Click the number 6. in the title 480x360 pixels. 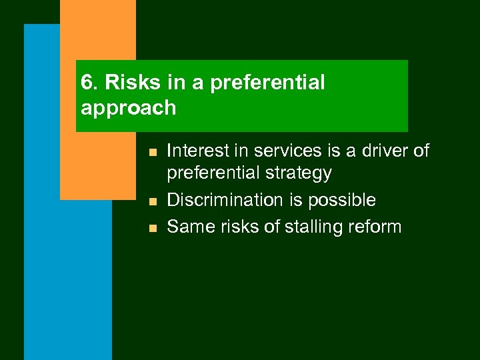[x=89, y=83]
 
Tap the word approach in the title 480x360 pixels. [x=128, y=108]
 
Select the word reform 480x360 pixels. [x=375, y=227]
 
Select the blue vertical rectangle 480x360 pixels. [x=67, y=280]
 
